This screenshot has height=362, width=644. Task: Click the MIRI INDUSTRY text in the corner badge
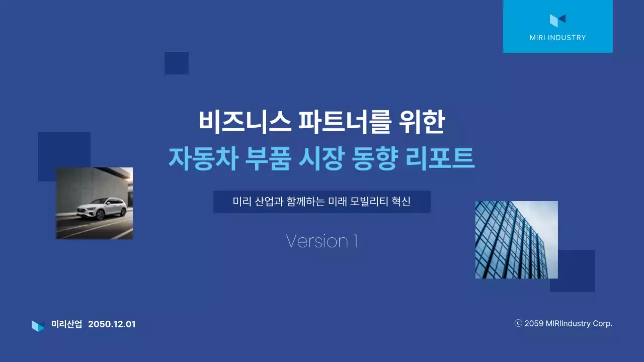click(x=557, y=38)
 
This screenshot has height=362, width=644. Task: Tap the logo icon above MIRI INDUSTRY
click(x=557, y=20)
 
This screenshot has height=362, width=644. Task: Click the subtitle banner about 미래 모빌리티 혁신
click(x=321, y=202)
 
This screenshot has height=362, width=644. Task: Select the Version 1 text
click(x=321, y=241)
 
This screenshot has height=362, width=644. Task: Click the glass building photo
click(x=516, y=239)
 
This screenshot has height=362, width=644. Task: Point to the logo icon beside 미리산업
click(x=38, y=325)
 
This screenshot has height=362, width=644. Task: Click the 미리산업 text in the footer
click(x=66, y=324)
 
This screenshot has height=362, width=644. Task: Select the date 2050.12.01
click(x=112, y=324)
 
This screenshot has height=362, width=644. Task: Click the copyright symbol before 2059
click(x=518, y=323)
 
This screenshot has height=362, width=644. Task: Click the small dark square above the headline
click(x=177, y=63)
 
